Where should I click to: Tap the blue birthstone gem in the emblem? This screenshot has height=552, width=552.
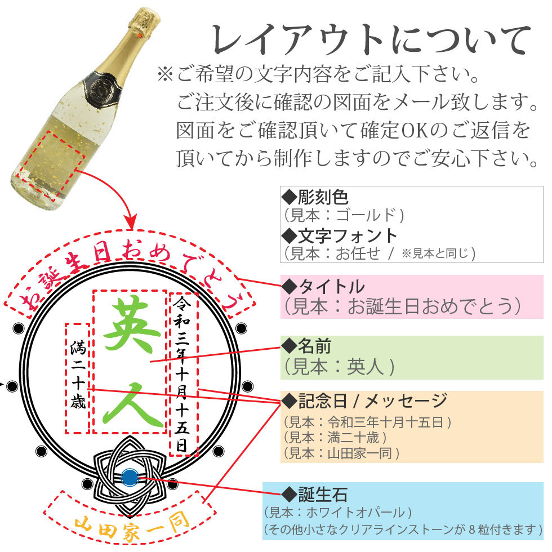point(130,478)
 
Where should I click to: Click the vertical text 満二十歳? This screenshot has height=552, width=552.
point(78,375)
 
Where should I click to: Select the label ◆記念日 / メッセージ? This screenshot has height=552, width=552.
point(364,401)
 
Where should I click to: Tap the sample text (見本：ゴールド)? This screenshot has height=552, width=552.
point(343,215)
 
